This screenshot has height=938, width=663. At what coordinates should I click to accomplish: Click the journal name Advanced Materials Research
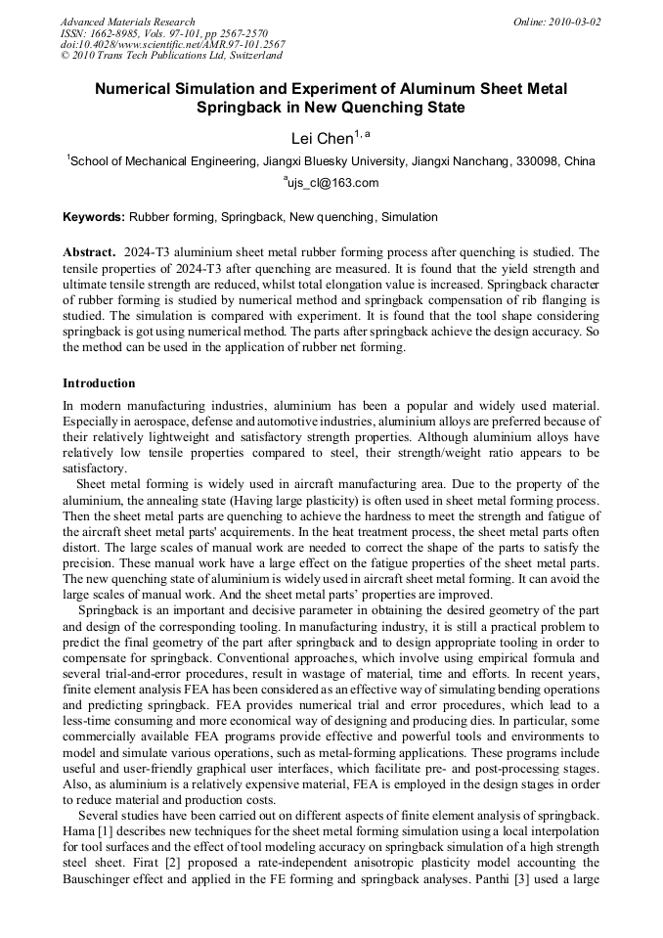(x=127, y=22)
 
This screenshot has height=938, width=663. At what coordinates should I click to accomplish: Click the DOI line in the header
(x=172, y=45)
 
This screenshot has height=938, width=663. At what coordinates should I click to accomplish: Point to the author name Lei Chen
(x=322, y=139)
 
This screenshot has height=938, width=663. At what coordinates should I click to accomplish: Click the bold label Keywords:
(x=94, y=217)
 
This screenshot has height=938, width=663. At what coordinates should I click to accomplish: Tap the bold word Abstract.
(x=89, y=252)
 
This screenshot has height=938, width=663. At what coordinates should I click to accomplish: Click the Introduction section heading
(x=99, y=383)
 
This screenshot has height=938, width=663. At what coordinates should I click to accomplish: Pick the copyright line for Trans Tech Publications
(x=172, y=57)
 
